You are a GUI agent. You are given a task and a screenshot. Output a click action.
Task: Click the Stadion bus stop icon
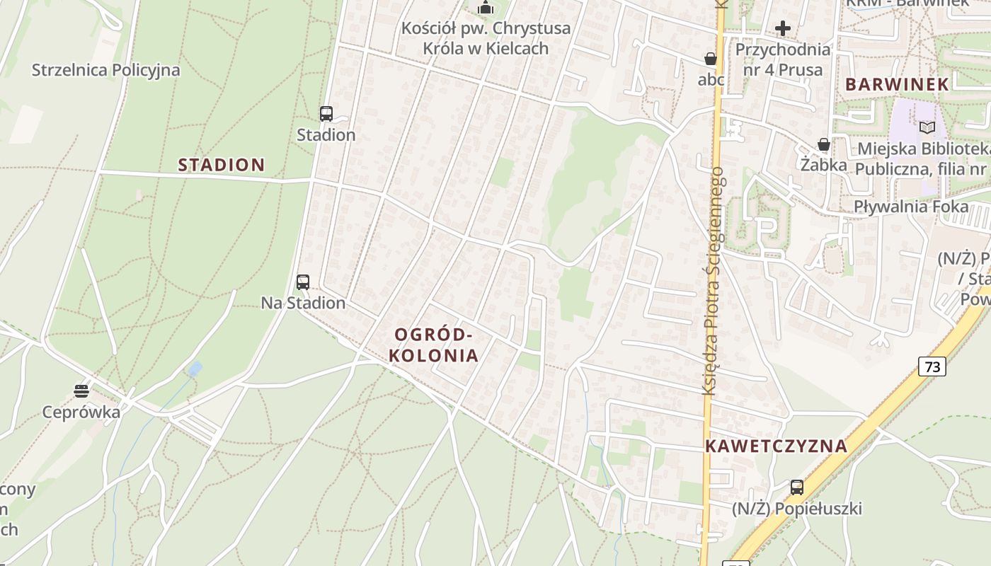(326, 113)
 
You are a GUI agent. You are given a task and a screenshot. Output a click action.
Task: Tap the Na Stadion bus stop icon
(303, 282)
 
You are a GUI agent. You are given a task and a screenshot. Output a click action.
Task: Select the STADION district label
(222, 165)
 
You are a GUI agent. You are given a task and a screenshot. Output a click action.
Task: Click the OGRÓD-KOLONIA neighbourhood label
(433, 345)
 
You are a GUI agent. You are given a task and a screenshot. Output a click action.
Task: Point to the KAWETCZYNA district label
(776, 446)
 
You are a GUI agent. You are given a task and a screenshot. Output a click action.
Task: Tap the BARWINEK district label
(897, 84)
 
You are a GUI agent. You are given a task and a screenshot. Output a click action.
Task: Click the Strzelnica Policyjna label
(106, 70)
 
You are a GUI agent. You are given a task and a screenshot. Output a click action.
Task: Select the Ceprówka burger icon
(81, 391)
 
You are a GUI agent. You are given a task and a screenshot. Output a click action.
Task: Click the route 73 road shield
(932, 366)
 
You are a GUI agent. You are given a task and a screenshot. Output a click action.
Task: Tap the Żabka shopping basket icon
(824, 144)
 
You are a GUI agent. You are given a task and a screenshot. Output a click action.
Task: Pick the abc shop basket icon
(711, 59)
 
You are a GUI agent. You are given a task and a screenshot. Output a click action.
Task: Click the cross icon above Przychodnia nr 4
(783, 28)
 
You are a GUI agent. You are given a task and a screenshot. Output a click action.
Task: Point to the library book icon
(927, 128)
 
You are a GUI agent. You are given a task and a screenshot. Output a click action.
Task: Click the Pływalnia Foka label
(911, 207)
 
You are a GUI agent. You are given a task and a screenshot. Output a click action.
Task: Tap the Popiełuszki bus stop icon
(797, 487)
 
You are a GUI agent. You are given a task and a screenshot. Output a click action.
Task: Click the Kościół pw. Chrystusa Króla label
(486, 38)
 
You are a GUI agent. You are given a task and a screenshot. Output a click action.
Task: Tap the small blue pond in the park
(195, 369)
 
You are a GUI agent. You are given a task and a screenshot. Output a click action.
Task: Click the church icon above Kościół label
(486, 8)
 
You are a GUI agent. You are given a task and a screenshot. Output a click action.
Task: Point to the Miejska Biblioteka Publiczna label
(922, 159)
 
